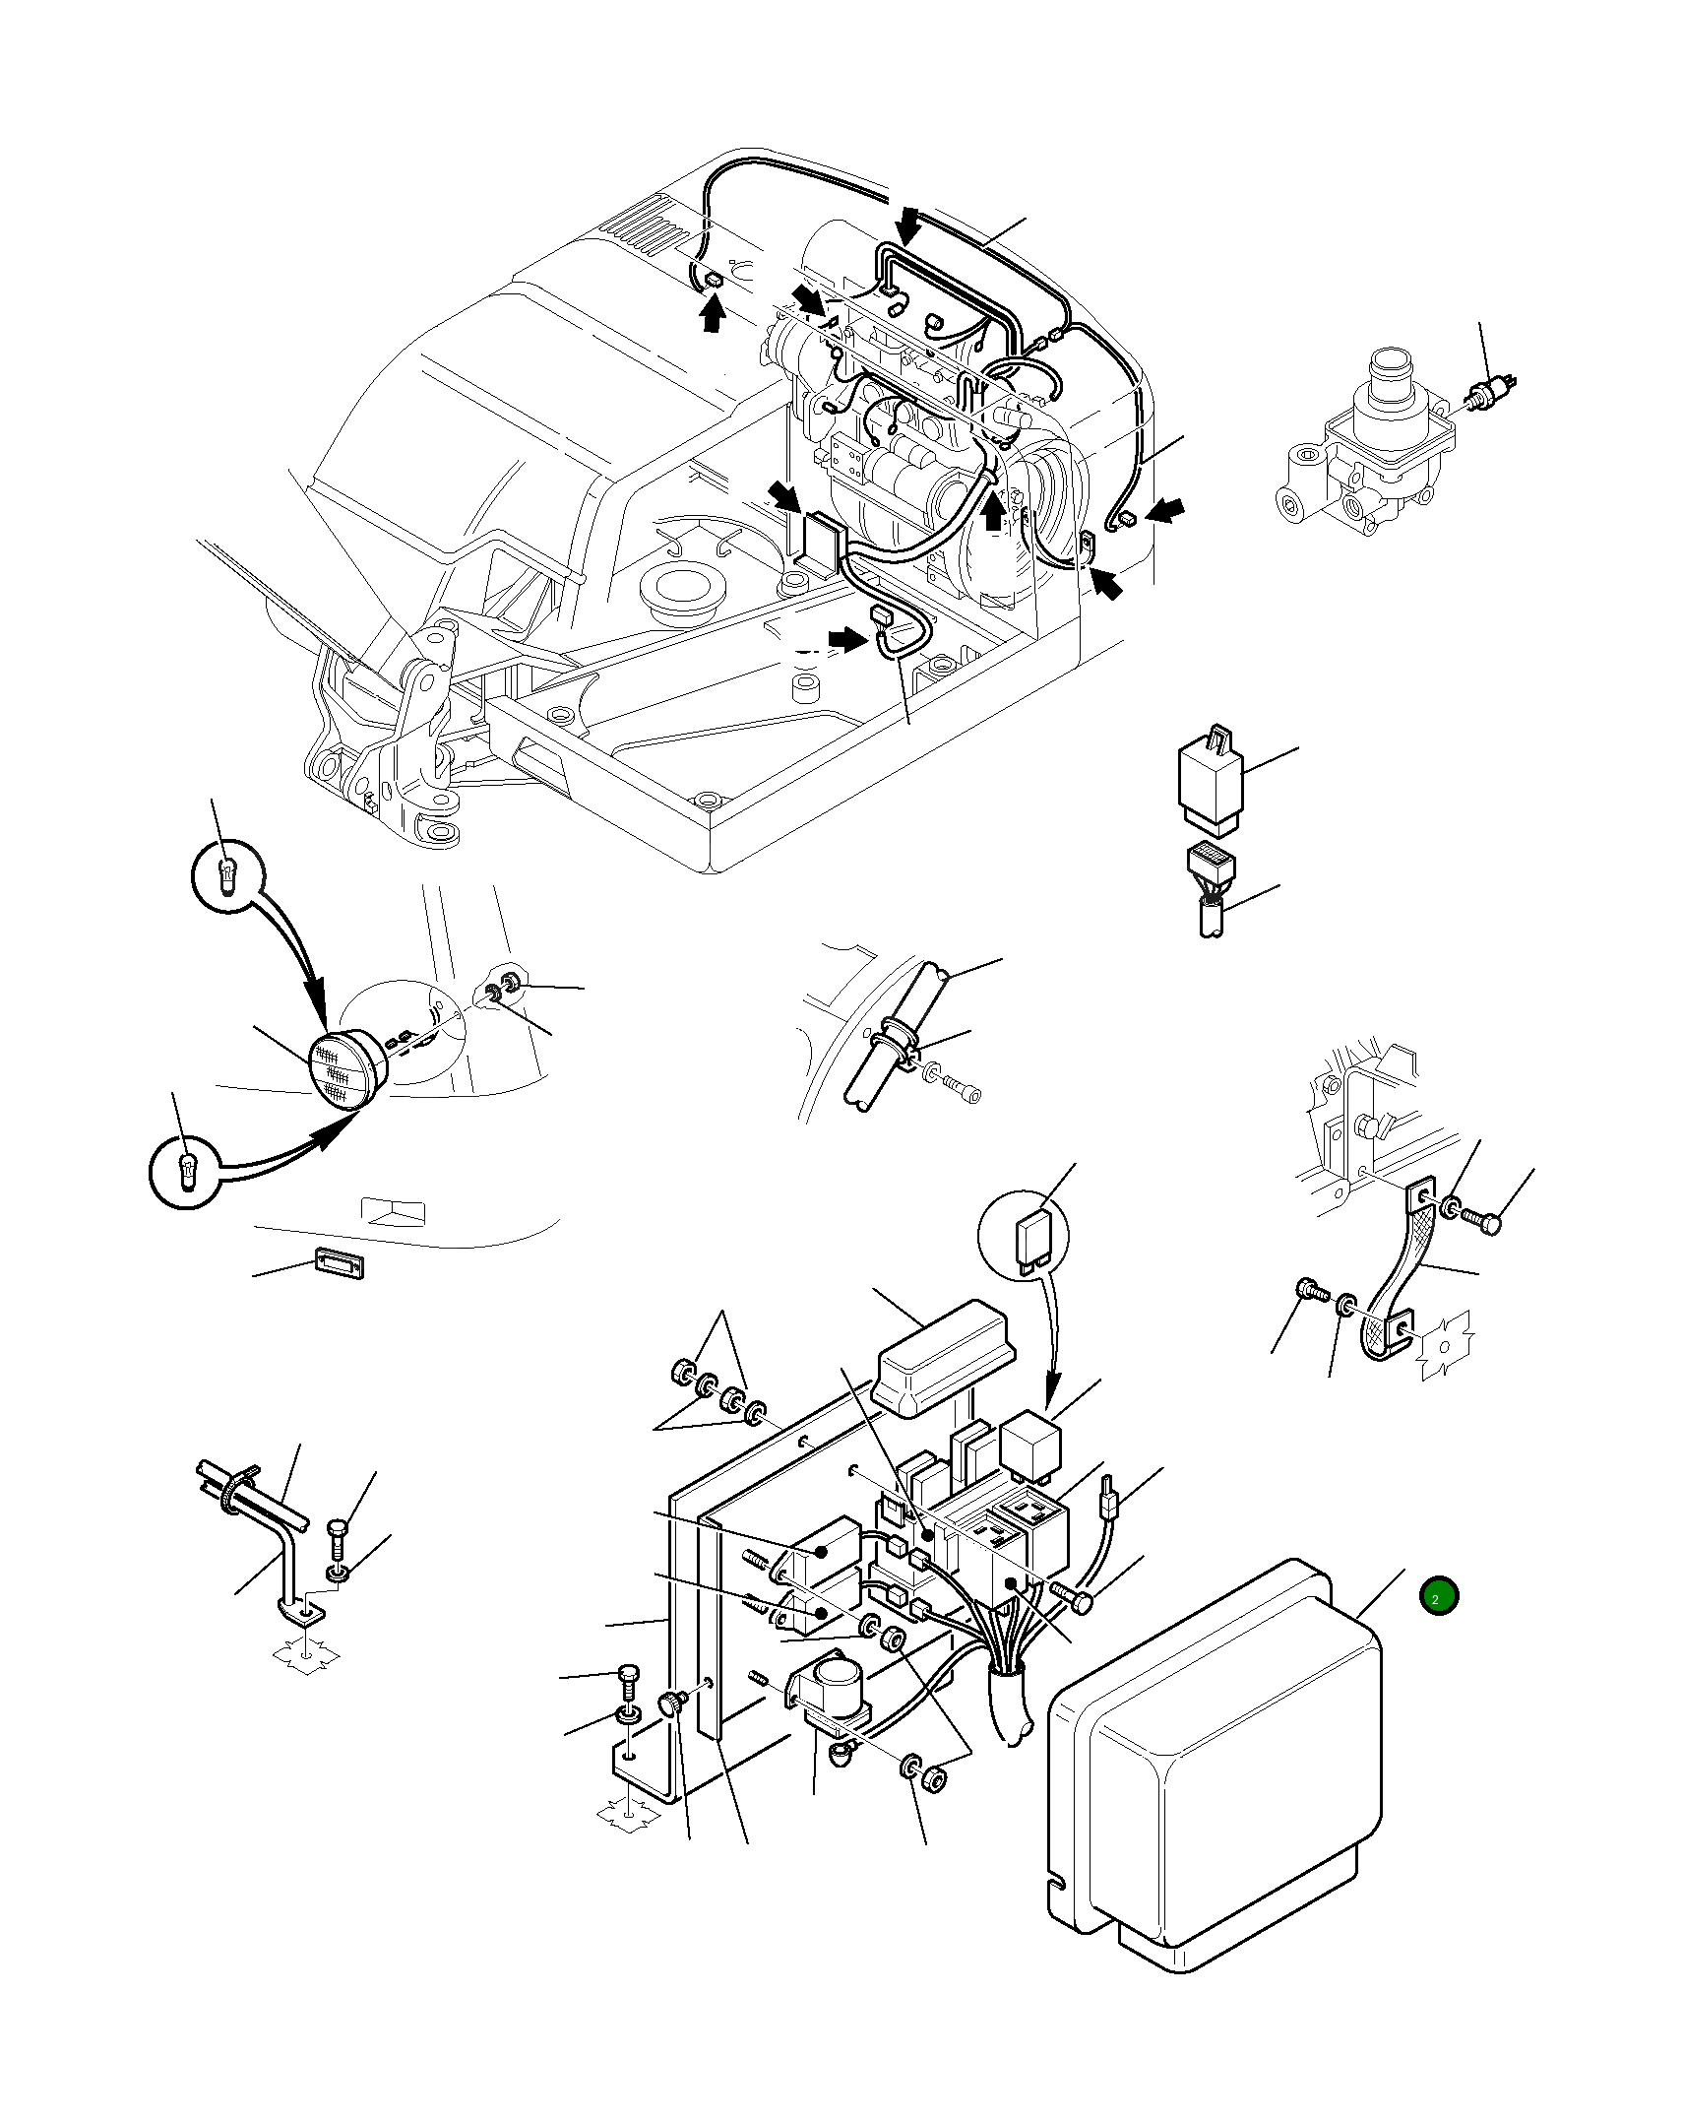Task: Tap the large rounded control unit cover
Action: (1220, 1763)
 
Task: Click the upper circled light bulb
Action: (227, 873)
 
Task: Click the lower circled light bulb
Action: (186, 1173)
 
